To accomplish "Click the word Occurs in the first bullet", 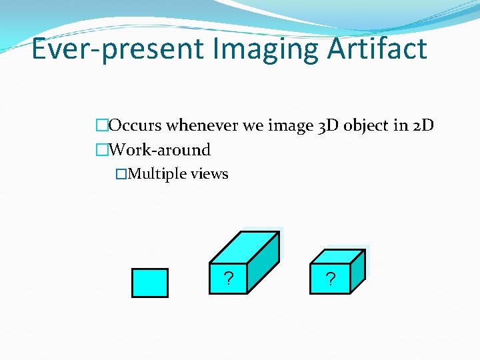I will click(x=135, y=125).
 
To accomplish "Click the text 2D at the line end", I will click(x=423, y=125).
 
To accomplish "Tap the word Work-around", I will click(x=159, y=150).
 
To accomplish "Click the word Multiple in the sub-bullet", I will click(x=157, y=174).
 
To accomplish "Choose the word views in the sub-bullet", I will click(x=209, y=174).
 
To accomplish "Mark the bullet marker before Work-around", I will click(x=101, y=150).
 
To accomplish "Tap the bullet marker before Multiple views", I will click(x=121, y=174).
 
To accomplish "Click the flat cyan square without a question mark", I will click(x=149, y=282).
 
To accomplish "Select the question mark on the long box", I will click(x=228, y=279).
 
